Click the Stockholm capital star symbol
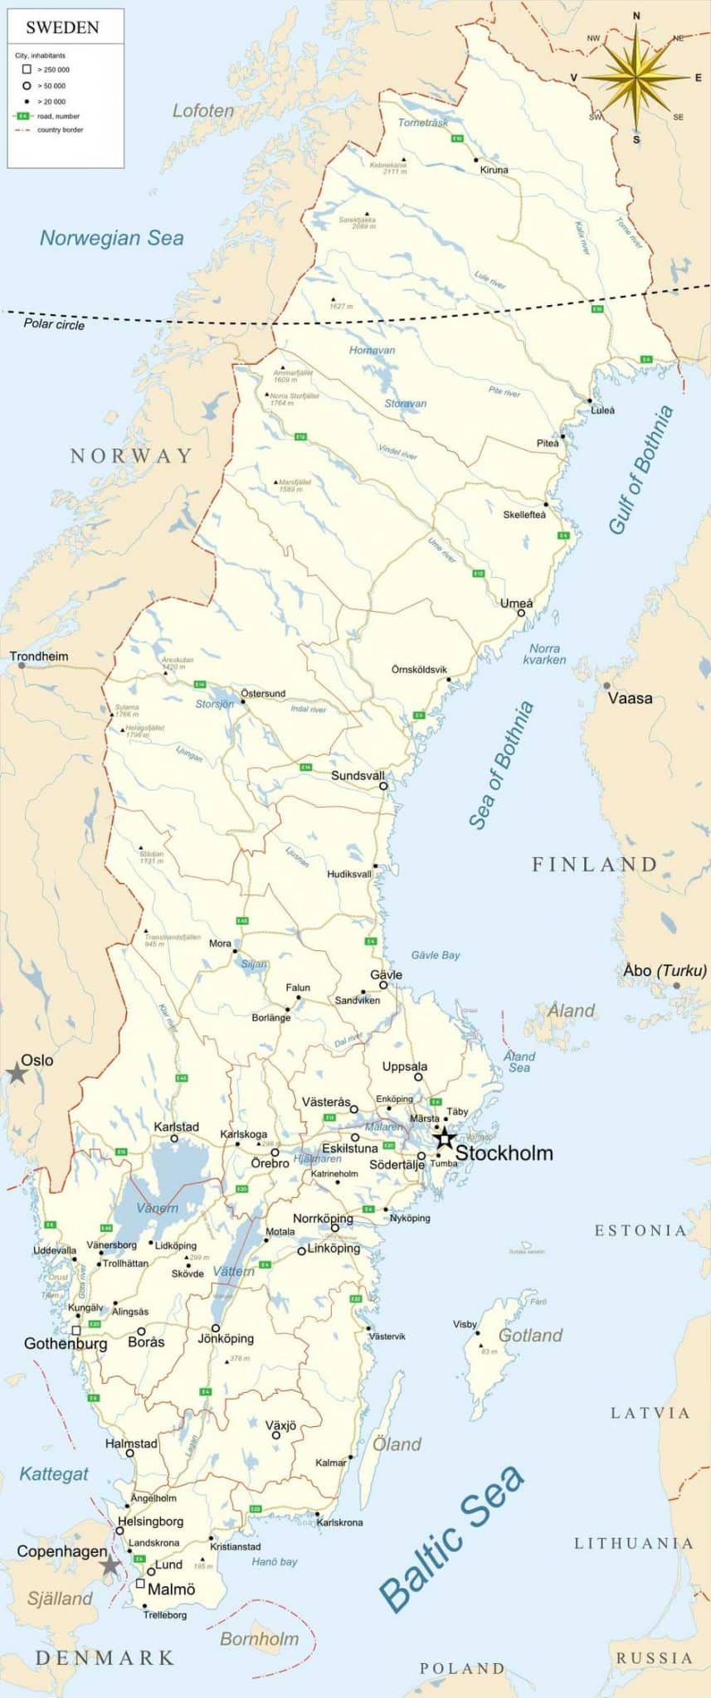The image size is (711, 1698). [445, 1138]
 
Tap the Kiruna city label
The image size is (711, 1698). [494, 170]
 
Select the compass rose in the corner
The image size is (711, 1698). [636, 78]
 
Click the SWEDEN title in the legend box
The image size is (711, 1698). [62, 27]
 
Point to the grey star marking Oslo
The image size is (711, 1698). [16, 1074]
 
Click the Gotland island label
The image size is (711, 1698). [530, 1335]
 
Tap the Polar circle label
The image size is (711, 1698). [54, 324]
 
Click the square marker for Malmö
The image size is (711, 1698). [140, 1584]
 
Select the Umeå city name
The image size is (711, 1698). [516, 603]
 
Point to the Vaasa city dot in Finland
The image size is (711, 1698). [607, 686]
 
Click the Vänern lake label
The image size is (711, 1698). [157, 1208]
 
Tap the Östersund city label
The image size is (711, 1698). [263, 693]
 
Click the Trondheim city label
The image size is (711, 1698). [39, 656]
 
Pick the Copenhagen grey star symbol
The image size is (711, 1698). [110, 1565]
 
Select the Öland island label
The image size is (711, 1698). [397, 1444]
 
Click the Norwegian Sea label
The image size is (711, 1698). [111, 238]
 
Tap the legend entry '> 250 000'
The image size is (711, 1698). [53, 70]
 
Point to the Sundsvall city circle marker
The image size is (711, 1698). [383, 785]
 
